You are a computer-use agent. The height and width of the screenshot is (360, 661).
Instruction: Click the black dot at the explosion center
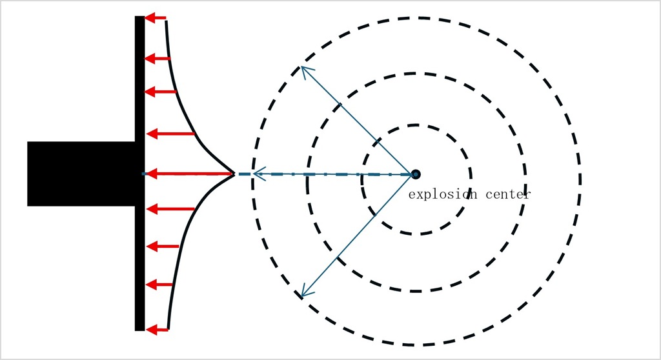coord(416,174)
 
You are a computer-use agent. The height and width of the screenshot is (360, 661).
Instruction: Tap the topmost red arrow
coord(155,18)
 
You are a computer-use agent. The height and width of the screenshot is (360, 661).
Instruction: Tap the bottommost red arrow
coord(157,330)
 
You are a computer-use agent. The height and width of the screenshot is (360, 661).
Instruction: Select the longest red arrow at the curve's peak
coord(187,174)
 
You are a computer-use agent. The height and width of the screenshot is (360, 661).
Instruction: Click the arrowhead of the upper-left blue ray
coord(303,68)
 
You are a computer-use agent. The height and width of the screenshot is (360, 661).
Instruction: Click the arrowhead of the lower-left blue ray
coord(303,295)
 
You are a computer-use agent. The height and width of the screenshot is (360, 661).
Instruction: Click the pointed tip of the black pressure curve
coord(234,174)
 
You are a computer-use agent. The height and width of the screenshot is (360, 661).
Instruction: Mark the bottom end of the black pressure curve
coord(168,328)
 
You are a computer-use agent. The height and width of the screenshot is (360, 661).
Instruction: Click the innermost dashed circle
coord(416,125)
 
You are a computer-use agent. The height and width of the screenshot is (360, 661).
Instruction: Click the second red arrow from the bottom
coord(159,284)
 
